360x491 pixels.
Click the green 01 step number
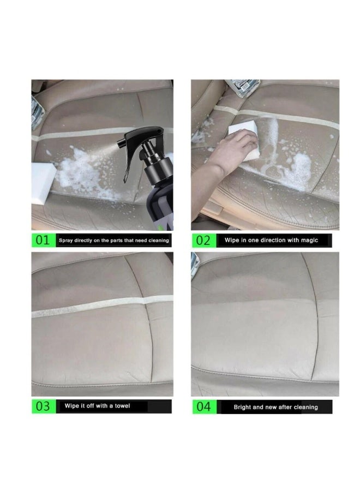click(43, 240)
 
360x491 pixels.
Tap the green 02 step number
click(203, 240)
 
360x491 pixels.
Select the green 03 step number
click(43, 406)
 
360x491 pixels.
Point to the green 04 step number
click(203, 406)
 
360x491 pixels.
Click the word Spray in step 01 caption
click(67, 240)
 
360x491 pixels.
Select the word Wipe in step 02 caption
click(232, 240)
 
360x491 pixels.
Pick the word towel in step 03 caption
click(122, 406)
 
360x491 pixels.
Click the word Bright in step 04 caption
click(244, 407)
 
